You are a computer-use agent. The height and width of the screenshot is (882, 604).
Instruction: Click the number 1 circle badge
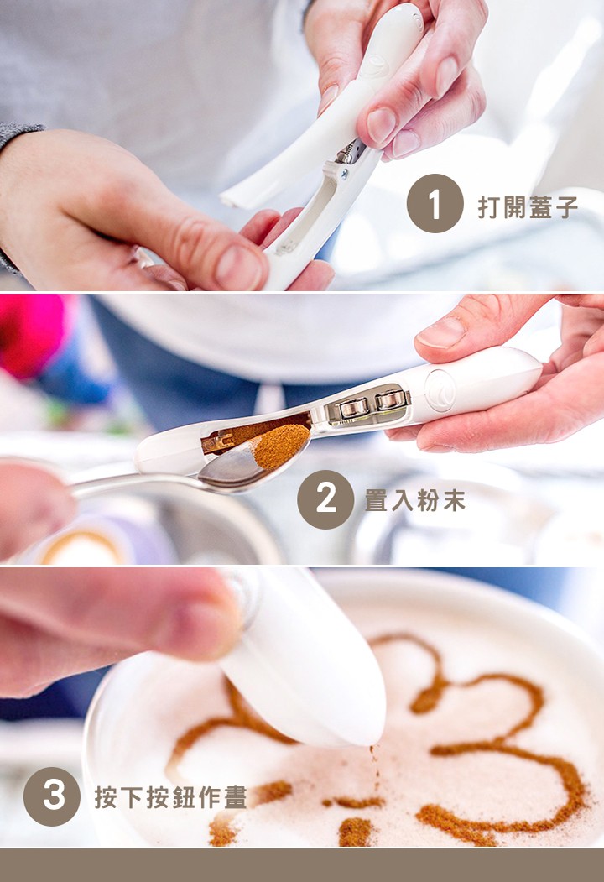coord(435,203)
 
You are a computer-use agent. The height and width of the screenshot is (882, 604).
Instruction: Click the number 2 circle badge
coord(325,499)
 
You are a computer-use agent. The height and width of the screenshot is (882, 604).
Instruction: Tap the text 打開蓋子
coord(528,207)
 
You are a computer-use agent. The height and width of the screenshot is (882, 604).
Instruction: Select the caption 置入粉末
coord(414,501)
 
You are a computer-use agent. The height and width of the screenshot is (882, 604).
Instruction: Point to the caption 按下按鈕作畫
coord(170,797)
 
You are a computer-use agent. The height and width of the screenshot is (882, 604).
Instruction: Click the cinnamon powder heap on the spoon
coord(280,446)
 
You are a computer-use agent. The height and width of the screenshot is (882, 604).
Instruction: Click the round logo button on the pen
coord(440,390)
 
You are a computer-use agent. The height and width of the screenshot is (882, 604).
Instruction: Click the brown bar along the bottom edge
coord(302,864)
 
